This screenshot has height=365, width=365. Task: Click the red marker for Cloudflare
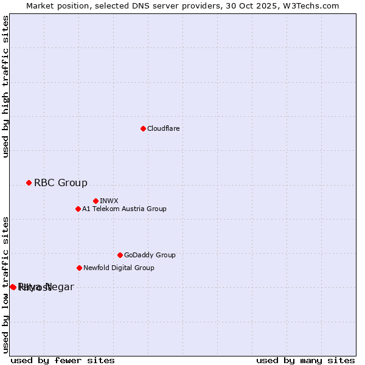143,128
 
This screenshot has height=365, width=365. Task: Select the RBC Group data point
29,182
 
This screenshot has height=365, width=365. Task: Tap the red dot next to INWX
96,201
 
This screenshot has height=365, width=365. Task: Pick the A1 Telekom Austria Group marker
78,209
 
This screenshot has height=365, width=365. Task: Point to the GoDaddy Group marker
120,255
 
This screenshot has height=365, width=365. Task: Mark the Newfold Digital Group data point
79,268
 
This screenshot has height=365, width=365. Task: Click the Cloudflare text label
164,128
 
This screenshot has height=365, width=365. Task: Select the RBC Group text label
61,182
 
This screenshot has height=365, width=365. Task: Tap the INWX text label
109,201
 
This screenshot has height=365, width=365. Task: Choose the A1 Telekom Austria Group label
124,209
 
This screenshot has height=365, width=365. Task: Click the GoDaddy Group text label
150,255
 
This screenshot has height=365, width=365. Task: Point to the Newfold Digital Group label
119,268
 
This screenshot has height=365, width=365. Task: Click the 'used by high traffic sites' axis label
6,86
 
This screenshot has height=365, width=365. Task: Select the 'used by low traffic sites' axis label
6,285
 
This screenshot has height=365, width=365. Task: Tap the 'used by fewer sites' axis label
63,361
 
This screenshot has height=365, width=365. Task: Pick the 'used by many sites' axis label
305,361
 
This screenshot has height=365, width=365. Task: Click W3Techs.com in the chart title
311,5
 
